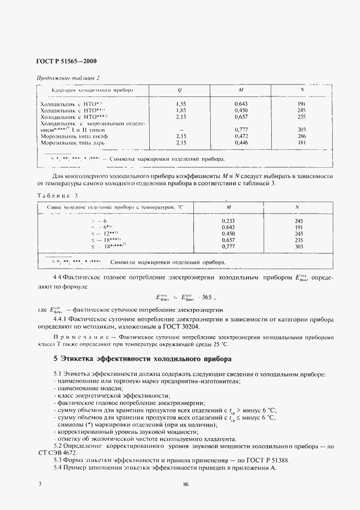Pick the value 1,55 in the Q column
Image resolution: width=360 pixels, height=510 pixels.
click(181, 104)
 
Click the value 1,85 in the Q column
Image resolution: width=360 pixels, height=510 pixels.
click(181, 110)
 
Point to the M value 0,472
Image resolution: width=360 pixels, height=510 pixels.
click(241, 136)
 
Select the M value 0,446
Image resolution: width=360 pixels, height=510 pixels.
click(241, 142)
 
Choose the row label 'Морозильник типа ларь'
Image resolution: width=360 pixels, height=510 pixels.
click(72, 143)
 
